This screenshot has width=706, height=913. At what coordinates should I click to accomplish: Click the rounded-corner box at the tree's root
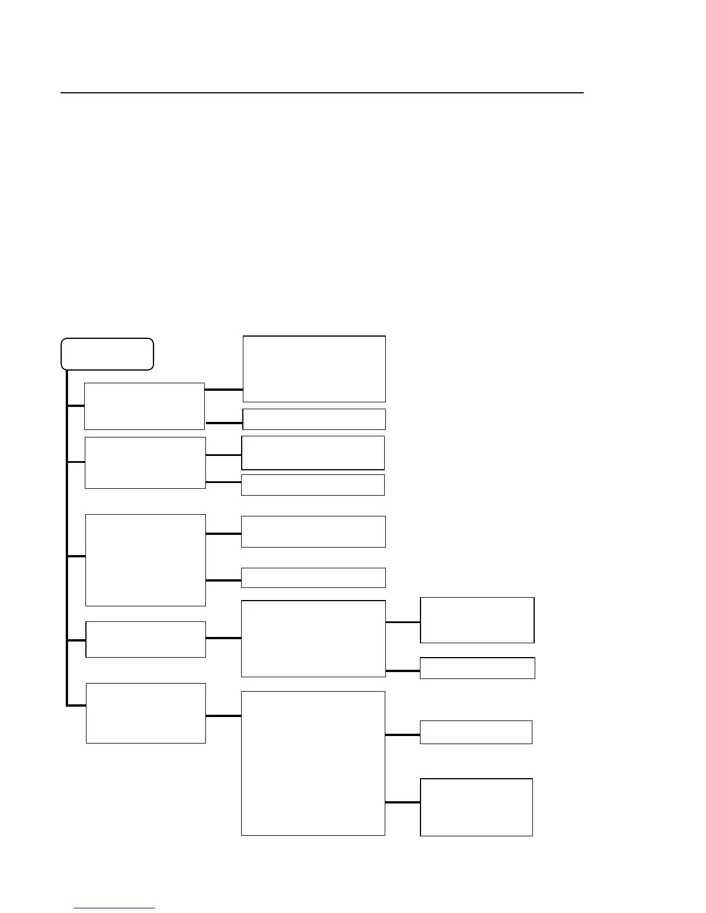point(107,354)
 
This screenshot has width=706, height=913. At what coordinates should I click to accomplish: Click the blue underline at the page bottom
point(114,908)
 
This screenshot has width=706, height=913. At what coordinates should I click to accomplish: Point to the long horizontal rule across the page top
point(322,92)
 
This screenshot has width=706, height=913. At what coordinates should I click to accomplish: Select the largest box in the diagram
point(313,763)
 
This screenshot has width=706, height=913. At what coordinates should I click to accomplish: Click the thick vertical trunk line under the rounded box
point(67,536)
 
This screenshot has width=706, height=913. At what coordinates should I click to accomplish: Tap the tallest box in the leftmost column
point(145,560)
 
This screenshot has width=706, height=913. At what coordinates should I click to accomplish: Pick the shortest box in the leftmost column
point(145,639)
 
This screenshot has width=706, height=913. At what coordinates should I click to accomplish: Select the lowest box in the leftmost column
point(145,713)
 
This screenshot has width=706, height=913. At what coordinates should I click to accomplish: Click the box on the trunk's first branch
point(144,406)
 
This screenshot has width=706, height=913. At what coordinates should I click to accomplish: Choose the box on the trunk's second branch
point(145,462)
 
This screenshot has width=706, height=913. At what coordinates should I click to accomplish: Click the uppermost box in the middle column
point(314,369)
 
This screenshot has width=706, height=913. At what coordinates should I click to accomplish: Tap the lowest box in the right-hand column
point(476,807)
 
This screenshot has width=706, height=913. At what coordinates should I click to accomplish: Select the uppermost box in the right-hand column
point(477,620)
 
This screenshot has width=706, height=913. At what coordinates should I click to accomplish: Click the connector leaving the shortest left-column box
point(223,638)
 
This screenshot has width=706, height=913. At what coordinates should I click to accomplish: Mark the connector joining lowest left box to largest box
point(223,716)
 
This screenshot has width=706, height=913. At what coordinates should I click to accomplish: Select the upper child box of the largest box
point(476,732)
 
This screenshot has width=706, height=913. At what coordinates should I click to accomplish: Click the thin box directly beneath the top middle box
point(314,419)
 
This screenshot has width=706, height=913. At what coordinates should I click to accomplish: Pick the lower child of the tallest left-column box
point(313,578)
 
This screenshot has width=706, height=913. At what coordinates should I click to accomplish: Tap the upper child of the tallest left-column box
point(313,531)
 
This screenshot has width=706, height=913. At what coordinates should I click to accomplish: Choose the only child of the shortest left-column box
point(313,639)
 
